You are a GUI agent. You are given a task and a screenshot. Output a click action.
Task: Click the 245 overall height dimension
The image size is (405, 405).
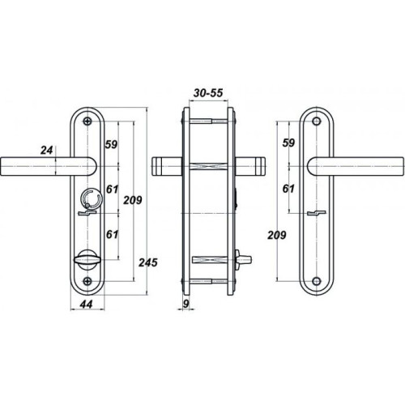pyautogui.click(x=148, y=262)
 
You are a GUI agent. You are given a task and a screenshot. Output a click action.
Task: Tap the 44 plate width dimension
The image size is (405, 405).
pyautogui.click(x=87, y=305)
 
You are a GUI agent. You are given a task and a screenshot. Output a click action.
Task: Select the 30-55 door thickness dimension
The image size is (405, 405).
pyautogui.click(x=208, y=92)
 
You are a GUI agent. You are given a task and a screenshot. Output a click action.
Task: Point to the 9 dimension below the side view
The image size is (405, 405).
pyautogui.click(x=185, y=304)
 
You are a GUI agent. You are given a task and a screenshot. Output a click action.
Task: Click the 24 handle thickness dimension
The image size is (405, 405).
pyautogui.click(x=46, y=150)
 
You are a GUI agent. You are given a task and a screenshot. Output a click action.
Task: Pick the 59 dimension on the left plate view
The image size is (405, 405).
pyautogui.click(x=111, y=144)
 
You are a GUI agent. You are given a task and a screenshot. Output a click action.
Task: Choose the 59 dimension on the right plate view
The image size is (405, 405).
pyautogui.click(x=288, y=143)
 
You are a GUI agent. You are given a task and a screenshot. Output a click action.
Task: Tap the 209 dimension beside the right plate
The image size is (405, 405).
pyautogui.click(x=277, y=235)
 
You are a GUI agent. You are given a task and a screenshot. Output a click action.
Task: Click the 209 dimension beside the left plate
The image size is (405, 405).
pyautogui.click(x=133, y=200)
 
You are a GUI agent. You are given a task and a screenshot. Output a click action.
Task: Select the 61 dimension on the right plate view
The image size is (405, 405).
pyautogui.click(x=288, y=189)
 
